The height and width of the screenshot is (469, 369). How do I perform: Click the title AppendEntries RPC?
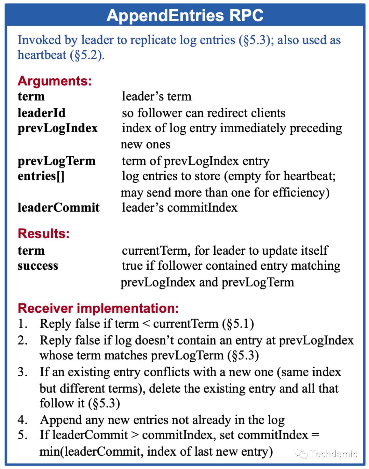[185, 15]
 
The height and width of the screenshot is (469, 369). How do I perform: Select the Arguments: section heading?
[55, 81]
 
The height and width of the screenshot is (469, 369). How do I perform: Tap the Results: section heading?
[43, 233]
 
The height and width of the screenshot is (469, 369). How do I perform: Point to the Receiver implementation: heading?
[98, 308]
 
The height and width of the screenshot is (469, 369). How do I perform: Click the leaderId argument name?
[41, 113]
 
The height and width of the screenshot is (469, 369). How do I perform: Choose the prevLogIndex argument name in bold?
[57, 128]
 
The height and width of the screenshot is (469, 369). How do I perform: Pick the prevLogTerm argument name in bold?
[56, 161]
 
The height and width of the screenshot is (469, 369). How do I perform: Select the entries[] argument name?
[41, 176]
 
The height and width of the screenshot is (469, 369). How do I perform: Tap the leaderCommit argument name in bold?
[58, 207]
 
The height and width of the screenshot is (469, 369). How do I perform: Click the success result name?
[38, 266]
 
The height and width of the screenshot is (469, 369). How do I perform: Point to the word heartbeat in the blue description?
[42, 55]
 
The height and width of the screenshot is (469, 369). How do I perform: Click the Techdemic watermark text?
[333, 454]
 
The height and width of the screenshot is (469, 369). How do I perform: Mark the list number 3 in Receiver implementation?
[23, 372]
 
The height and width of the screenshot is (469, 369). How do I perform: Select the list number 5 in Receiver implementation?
[23, 435]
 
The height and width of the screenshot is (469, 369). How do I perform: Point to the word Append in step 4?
[60, 420]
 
